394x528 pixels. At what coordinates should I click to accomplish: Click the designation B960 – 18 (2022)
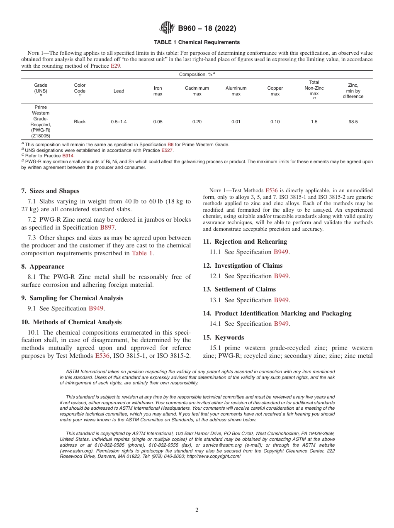207,29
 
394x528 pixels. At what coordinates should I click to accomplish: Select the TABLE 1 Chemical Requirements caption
197,42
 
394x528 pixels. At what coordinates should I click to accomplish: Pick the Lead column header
119,91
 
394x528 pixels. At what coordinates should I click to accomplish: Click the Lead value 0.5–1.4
119,122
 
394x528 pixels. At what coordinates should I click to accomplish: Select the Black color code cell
80,122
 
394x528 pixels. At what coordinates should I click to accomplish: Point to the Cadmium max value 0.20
197,122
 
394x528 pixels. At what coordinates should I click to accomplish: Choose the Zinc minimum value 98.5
353,122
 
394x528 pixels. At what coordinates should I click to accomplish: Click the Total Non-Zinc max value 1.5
314,122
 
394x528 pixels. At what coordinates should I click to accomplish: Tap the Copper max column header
275,91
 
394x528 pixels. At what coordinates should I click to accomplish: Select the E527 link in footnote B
167,150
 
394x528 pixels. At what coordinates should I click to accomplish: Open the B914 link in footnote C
68,156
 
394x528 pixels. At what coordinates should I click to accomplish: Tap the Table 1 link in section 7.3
142,253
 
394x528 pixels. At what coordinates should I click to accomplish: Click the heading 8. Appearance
43,266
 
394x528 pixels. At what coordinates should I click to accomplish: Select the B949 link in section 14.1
281,324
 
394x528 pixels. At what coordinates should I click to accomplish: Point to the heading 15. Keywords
224,337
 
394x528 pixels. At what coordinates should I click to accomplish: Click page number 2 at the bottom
197,510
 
